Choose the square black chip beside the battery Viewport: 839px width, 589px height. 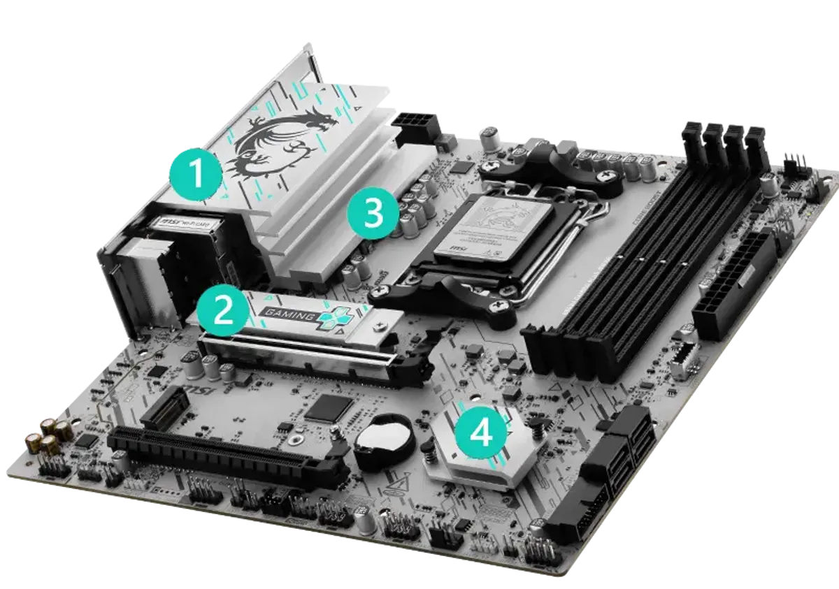tap(327, 407)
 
